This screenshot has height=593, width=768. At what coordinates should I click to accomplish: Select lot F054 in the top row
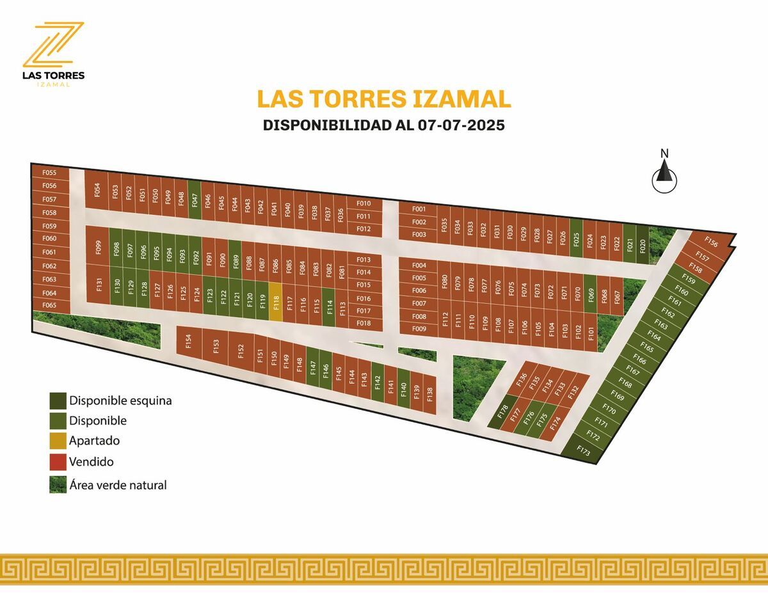97,191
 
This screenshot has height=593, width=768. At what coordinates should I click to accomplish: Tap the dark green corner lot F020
643,245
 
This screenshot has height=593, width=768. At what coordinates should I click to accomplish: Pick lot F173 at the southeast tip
583,450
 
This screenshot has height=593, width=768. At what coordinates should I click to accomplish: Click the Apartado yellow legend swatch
58,441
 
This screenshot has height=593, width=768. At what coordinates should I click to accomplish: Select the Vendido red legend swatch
58,461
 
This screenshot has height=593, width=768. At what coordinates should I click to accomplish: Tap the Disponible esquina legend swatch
58,401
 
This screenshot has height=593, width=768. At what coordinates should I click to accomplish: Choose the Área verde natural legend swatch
58,485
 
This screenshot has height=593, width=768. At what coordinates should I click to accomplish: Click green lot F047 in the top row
195,200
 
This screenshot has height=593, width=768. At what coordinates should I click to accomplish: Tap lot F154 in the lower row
188,342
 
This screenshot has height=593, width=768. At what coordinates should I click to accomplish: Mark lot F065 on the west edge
49,306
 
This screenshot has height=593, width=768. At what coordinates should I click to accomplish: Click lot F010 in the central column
364,203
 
